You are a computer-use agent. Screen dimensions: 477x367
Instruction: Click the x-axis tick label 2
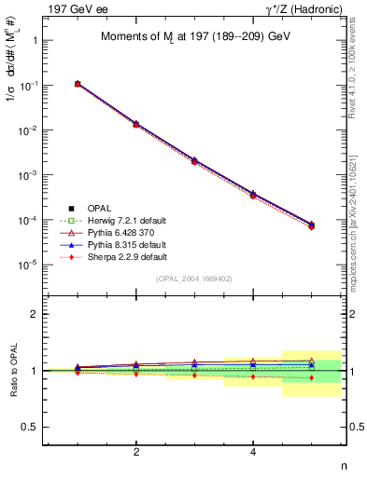pos(136,453)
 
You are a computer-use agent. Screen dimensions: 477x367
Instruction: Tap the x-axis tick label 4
pos(253,453)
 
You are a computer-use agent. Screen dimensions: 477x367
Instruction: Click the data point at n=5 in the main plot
pos(311,225)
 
